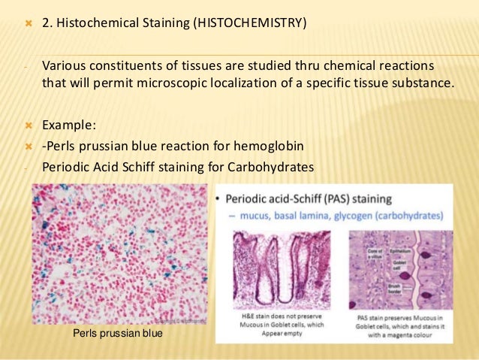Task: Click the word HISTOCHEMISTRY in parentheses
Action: pos(250,23)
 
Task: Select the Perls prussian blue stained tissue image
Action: pos(119,253)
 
